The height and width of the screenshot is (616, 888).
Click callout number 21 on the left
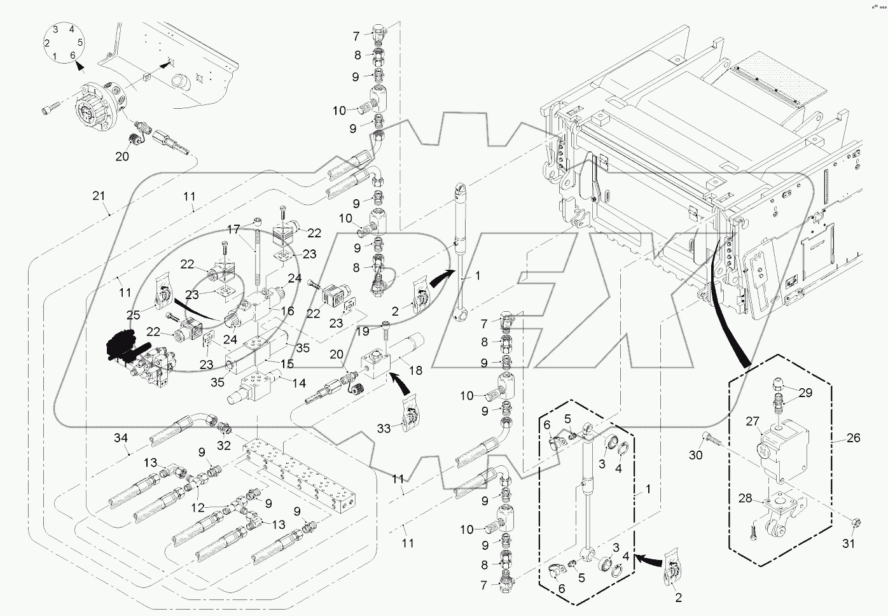[x=98, y=196]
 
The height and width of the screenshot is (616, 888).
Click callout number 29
[x=805, y=393]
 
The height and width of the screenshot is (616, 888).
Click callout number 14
[x=298, y=383]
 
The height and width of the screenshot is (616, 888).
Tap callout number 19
[x=363, y=332]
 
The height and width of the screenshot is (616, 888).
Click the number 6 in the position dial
[x=73, y=55]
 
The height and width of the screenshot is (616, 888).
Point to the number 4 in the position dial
[x=71, y=29]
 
